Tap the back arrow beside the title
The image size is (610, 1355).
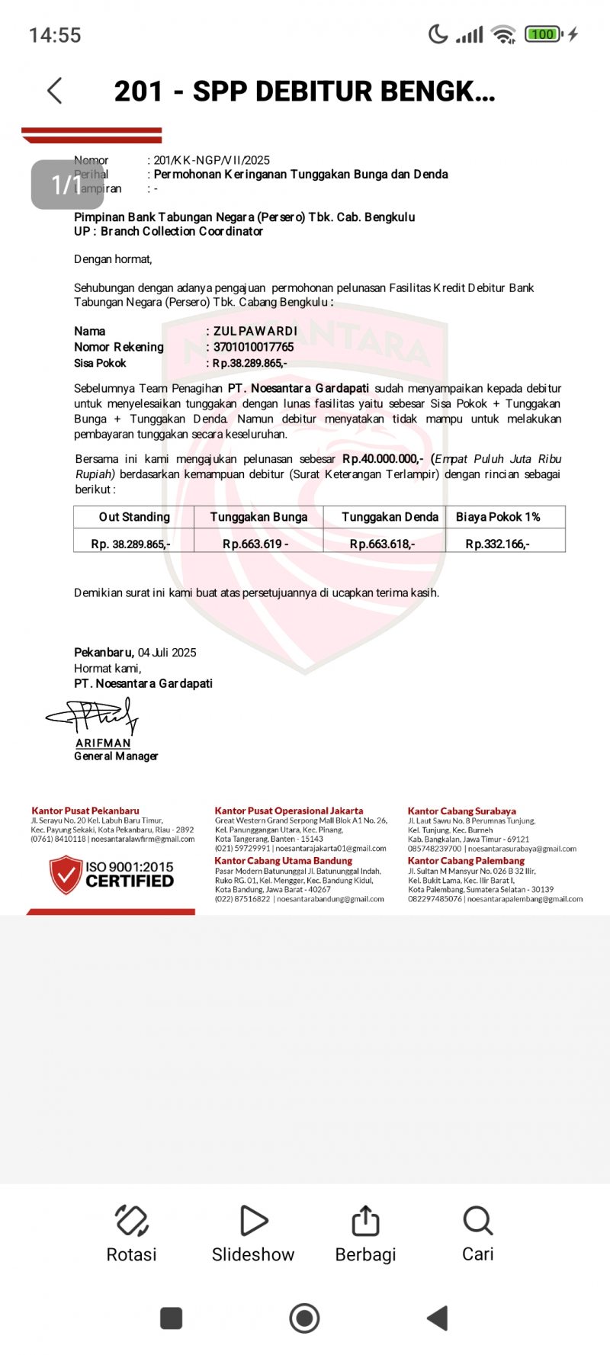click(55, 91)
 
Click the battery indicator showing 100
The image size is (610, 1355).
click(543, 34)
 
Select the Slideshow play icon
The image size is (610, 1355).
click(253, 1221)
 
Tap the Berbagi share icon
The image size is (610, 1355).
click(365, 1221)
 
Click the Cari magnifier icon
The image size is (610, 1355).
click(478, 1221)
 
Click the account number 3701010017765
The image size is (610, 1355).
click(253, 347)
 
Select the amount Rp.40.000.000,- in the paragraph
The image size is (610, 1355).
click(382, 459)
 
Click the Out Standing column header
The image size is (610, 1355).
click(134, 517)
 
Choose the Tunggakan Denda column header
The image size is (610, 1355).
click(390, 517)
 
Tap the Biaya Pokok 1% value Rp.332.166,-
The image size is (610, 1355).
click(497, 544)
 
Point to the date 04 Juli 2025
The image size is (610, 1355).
click(167, 653)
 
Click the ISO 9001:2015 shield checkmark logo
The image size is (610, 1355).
click(66, 875)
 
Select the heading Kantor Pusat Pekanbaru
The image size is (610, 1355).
click(85, 811)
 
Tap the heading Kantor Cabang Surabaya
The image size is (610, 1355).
click(461, 811)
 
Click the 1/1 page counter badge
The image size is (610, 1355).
click(67, 185)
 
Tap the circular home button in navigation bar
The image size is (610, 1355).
click(304, 1318)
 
